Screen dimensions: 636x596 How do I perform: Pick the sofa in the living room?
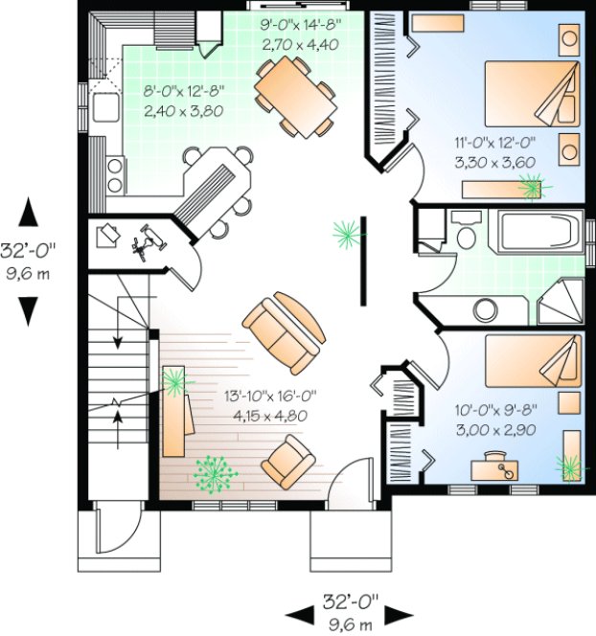(x=284, y=331)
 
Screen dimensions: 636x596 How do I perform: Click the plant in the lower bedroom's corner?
(x=569, y=467)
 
